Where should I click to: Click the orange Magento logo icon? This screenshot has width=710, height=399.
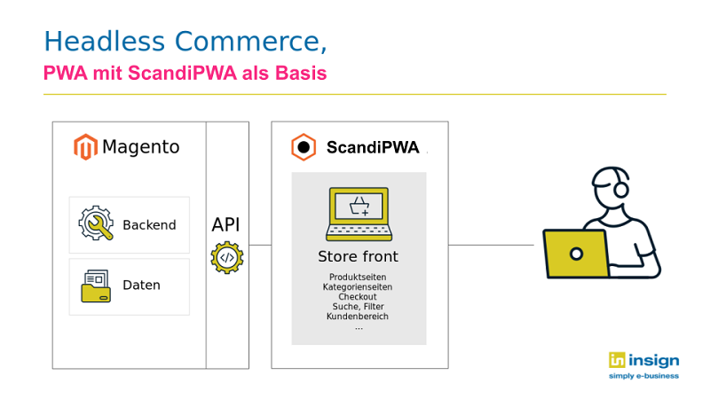[85, 146]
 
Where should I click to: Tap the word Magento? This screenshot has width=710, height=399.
[141, 147]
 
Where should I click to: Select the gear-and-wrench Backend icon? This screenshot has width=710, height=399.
[96, 223]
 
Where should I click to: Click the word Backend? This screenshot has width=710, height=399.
[149, 225]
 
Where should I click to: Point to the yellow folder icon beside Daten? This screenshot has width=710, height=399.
[96, 286]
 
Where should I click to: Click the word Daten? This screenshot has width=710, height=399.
[142, 285]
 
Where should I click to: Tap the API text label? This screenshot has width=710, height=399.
[226, 224]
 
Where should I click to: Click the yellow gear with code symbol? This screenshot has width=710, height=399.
[227, 258]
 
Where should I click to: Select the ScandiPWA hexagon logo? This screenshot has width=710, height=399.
[304, 147]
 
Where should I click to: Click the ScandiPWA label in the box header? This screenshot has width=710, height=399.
[373, 147]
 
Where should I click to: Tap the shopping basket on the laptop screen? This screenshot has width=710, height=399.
[359, 207]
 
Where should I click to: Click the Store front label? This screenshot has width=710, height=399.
[359, 256]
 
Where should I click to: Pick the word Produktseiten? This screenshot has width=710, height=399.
[358, 277]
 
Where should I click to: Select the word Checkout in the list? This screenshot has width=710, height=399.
[358, 297]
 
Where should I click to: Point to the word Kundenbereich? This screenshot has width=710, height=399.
[358, 317]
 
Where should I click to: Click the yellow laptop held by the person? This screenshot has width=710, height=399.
[576, 254]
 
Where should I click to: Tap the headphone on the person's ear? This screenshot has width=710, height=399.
[621, 189]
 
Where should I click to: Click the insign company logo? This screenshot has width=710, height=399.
[644, 365]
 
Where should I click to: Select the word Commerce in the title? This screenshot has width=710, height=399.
[251, 42]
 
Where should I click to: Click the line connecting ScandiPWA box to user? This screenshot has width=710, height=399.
[492, 246]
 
